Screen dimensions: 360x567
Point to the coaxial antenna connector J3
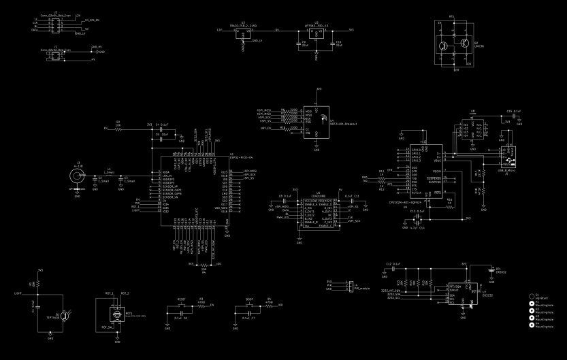[78, 176]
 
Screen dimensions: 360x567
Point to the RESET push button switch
[181, 307]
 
